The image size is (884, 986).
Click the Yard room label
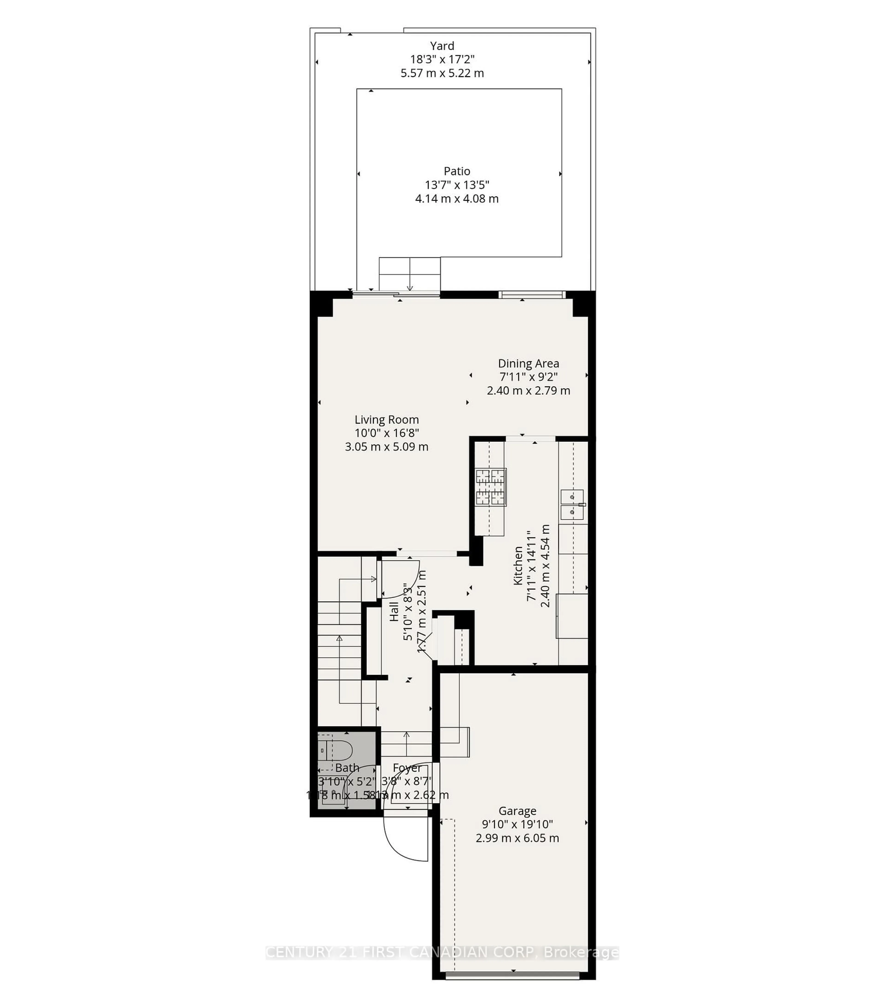(x=442, y=46)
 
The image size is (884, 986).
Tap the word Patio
(x=457, y=171)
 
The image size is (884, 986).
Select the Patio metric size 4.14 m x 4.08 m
(x=457, y=199)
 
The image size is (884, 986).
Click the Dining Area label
(x=529, y=363)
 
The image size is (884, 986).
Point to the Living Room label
(x=387, y=420)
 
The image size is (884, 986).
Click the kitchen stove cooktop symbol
(x=491, y=487)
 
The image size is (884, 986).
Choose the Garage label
(x=517, y=811)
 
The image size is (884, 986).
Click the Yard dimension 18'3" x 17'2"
(x=442, y=59)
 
